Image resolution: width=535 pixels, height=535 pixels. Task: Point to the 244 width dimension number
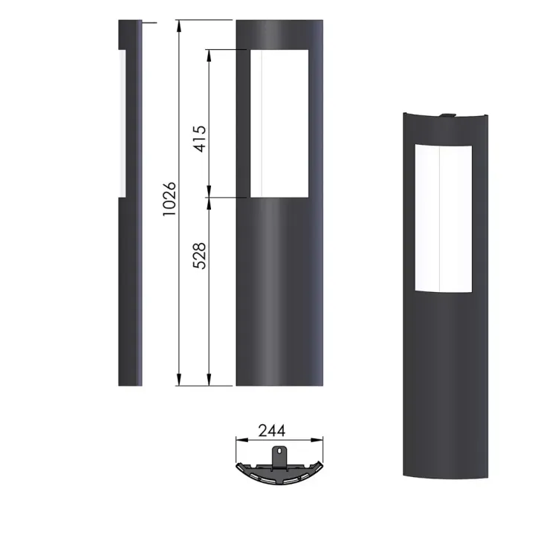pos(271,430)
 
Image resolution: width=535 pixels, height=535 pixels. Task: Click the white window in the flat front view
pos(280,123)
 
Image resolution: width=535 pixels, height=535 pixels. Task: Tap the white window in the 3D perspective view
pos(441,216)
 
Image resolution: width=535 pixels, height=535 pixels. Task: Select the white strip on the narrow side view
pos(121,123)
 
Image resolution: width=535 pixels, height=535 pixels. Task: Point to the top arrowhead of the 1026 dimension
pos(178,25)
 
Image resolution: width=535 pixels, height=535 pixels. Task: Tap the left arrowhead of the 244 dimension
pos(239,440)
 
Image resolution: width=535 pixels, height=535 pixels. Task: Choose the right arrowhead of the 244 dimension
pos(321,440)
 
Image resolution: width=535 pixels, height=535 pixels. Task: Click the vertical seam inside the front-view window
pos(262,123)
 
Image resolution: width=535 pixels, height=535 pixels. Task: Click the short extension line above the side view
pos(149,23)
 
